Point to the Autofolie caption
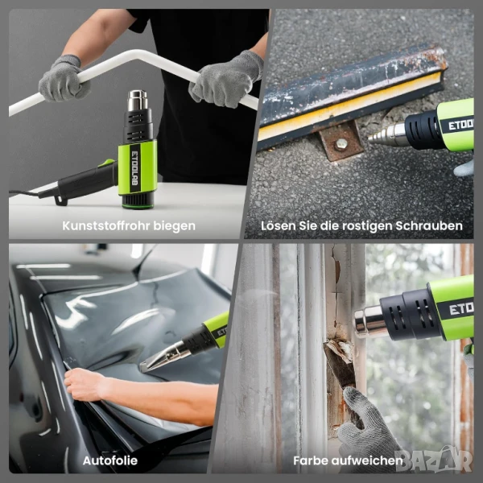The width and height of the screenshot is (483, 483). coord(110,460)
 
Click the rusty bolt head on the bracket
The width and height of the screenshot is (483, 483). coord(341,143)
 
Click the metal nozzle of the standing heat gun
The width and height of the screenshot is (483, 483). coord(138,101)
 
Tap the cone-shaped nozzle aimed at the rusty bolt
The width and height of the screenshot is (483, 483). coord(387,135)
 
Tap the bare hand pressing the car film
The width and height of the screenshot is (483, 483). coord(84,385)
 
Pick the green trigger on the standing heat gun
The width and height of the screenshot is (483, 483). coord(106,163)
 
